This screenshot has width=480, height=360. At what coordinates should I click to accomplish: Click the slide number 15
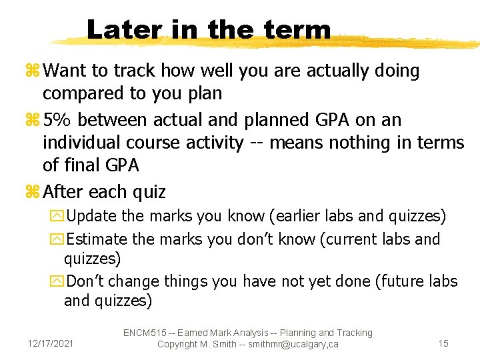click(443, 343)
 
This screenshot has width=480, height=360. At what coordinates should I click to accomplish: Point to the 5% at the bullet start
click(57, 119)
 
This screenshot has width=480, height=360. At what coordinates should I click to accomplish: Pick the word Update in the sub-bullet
click(92, 217)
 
